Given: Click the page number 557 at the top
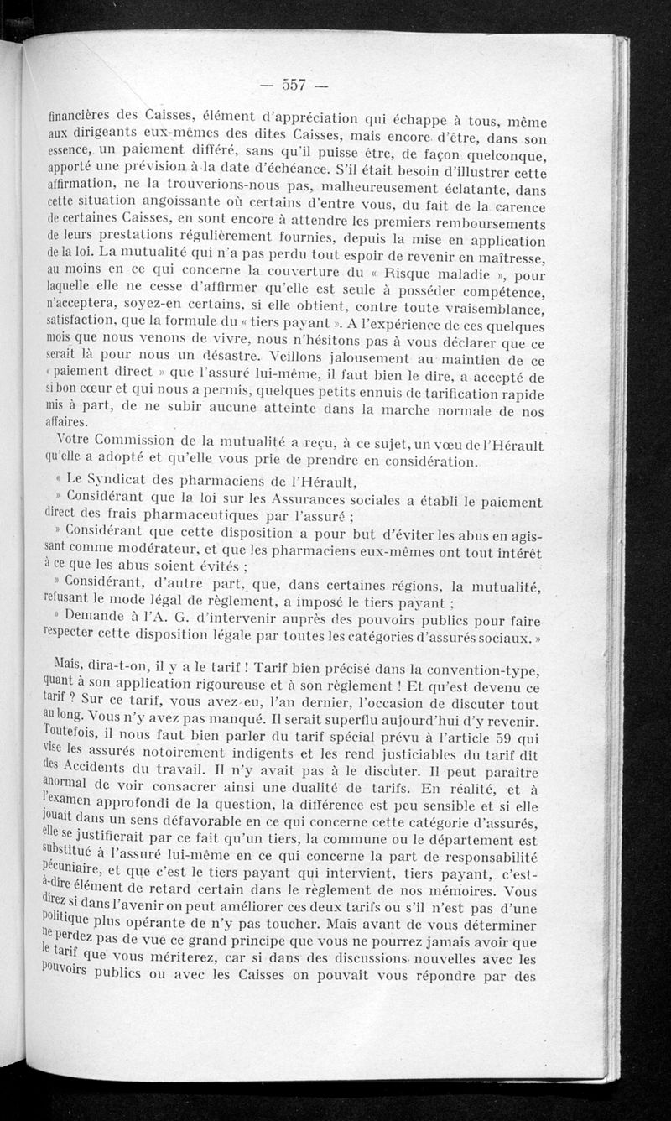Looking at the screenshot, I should [x=292, y=84].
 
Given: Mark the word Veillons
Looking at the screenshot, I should [x=294, y=359].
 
